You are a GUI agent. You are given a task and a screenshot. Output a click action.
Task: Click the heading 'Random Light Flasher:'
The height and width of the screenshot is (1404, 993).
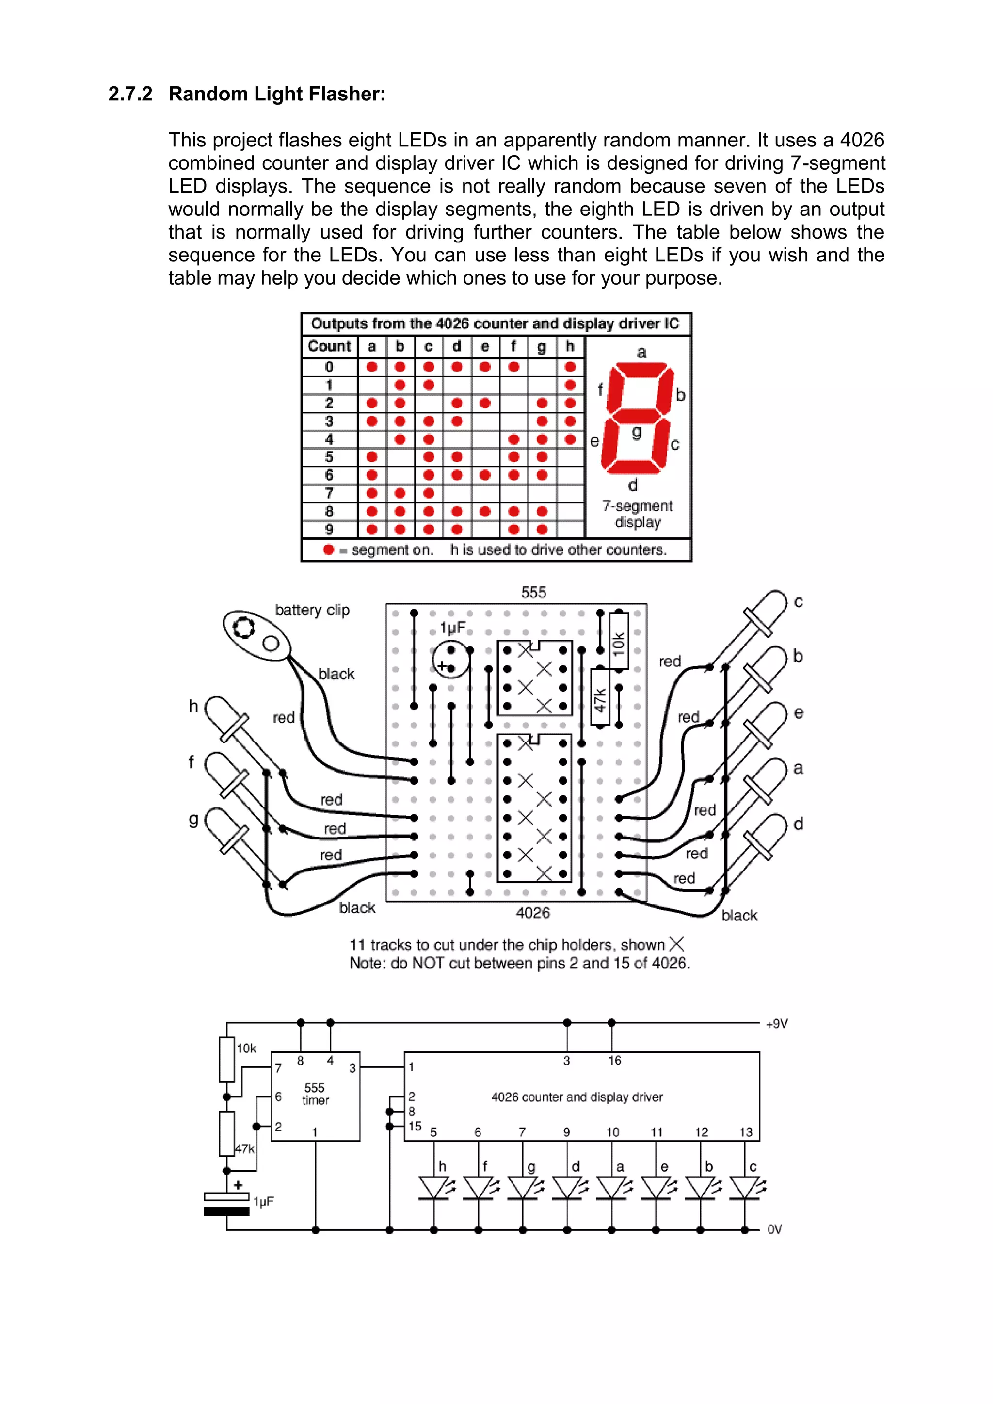click(x=276, y=94)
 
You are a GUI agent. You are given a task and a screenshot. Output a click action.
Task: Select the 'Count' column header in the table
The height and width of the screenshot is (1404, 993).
click(x=329, y=346)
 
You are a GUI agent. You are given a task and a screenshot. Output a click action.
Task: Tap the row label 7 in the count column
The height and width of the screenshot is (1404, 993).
click(x=329, y=493)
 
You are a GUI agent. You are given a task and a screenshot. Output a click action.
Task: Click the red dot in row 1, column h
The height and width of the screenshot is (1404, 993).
click(x=570, y=385)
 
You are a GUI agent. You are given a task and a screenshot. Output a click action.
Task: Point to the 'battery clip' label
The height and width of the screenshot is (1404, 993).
click(x=312, y=610)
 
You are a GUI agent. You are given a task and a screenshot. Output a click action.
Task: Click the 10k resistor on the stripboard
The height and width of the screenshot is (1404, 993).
click(x=619, y=642)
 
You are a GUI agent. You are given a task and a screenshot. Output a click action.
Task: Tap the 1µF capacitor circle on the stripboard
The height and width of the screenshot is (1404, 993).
click(x=451, y=661)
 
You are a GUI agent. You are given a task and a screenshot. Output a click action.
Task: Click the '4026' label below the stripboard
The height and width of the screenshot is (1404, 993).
click(x=532, y=913)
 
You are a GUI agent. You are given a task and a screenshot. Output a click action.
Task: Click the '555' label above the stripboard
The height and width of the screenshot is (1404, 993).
click(x=533, y=592)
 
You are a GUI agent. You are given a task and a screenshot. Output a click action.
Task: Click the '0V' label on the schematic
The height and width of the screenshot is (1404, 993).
click(x=774, y=1229)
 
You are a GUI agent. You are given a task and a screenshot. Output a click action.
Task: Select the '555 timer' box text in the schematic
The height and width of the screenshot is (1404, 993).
click(x=315, y=1094)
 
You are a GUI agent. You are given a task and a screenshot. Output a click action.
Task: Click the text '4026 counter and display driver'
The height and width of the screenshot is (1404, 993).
click(x=577, y=1097)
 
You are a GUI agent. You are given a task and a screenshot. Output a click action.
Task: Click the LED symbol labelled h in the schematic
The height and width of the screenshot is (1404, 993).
click(x=434, y=1188)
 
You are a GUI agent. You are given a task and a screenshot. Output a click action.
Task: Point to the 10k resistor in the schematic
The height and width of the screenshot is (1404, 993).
click(x=227, y=1060)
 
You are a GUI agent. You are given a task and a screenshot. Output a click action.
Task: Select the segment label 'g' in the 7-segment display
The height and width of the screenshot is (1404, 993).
click(x=636, y=432)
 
